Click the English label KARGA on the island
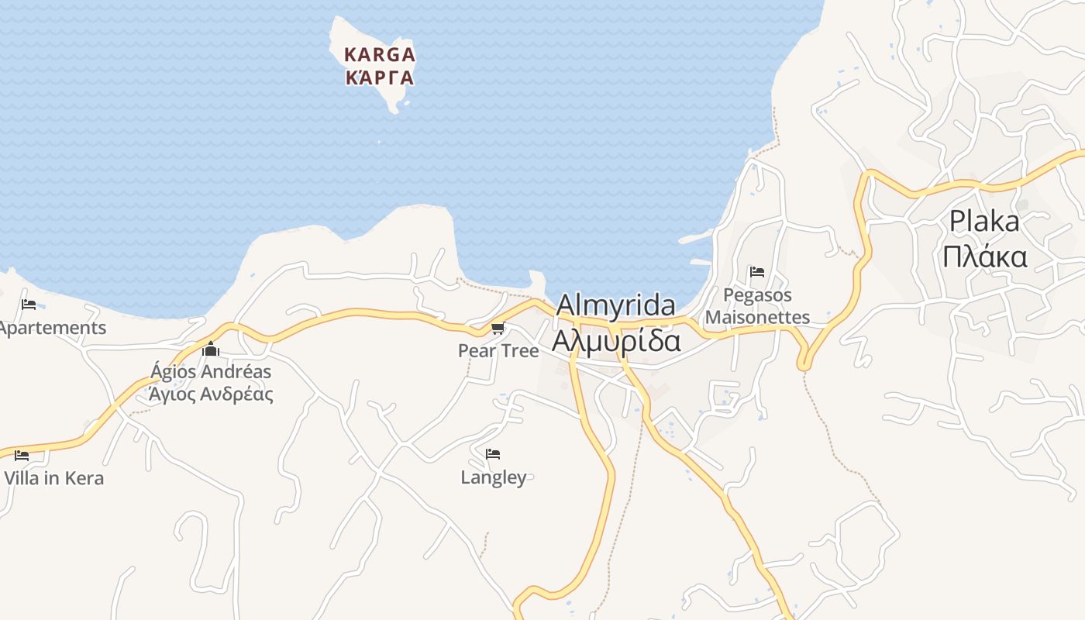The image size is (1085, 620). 380,55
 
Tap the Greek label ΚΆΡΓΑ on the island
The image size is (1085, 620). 380,77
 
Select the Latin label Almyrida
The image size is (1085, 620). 615,305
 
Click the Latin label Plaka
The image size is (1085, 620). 984,222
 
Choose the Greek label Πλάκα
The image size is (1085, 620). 984,257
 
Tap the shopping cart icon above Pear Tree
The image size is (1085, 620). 498,329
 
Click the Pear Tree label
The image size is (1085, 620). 498,350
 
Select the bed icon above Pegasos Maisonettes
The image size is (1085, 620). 757,272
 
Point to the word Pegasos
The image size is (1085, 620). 757,295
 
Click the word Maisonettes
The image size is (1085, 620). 757,317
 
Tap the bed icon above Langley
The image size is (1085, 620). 493,454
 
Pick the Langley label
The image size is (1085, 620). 493,477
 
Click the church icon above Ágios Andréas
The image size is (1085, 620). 211,350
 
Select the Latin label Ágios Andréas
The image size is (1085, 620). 211,371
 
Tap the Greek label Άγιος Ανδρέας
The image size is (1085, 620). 211,394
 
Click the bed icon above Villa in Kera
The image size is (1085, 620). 22,455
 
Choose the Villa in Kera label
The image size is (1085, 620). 53,477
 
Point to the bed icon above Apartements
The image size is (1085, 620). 29,305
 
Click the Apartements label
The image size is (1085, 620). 52,327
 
